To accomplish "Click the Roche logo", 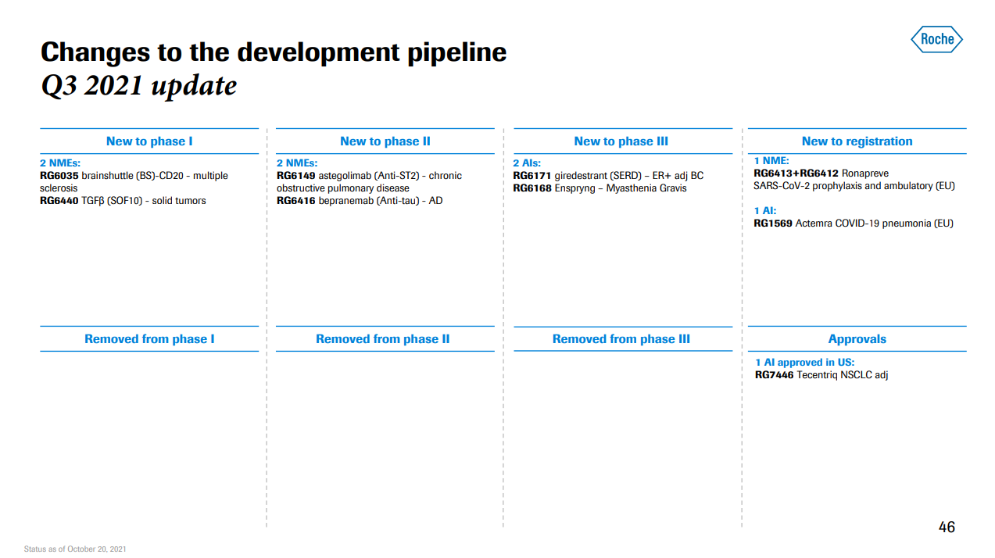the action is [x=936, y=39].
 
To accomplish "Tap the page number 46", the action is [x=947, y=527].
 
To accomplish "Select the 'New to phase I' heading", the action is [x=149, y=141].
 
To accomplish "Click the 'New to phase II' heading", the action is [x=385, y=141].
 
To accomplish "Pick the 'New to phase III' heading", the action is [x=621, y=141].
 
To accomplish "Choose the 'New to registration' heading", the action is [x=857, y=141].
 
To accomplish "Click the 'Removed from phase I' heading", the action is [x=149, y=339].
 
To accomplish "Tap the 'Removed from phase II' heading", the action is [x=382, y=339].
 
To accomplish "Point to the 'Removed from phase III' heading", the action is [x=621, y=339].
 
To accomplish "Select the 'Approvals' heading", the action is [x=857, y=339].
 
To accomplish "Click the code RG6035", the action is [x=59, y=176].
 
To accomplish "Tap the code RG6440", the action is [x=59, y=200].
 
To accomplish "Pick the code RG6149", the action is [x=295, y=176].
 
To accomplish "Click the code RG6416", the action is [x=295, y=200].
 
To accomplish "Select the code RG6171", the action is [x=532, y=176].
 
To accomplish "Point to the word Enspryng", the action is [x=574, y=188].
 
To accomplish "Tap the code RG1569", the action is [x=773, y=223].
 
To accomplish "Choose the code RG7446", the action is [x=775, y=374].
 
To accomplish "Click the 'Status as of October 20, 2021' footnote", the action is [x=75, y=549].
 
